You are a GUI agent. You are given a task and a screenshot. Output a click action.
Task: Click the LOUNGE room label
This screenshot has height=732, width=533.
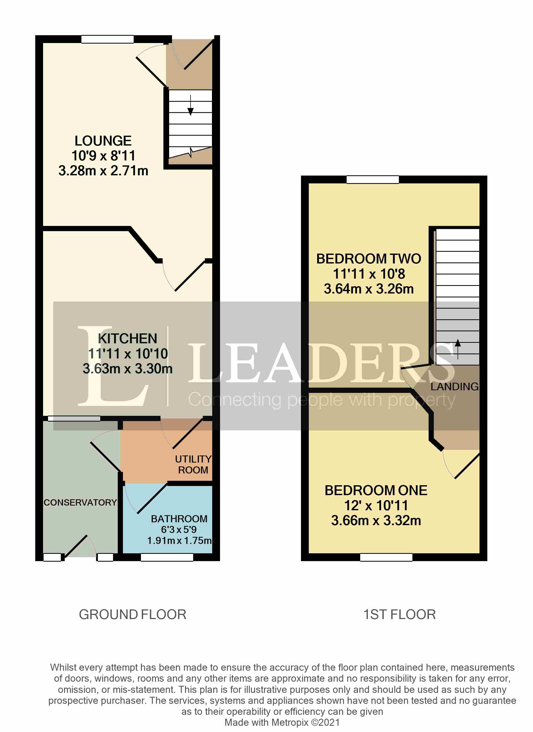coord(103,141)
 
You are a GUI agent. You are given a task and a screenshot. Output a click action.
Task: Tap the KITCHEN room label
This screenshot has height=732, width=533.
coord(127,339)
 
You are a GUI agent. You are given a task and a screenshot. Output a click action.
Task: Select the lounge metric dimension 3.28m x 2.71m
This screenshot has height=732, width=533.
coord(103,170)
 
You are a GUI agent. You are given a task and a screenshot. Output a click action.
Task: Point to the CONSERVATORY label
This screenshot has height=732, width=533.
coord(80,502)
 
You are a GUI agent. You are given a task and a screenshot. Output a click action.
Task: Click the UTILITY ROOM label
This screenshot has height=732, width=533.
coord(193,464)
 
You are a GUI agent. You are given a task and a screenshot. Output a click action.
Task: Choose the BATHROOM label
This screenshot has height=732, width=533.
coord(179,519)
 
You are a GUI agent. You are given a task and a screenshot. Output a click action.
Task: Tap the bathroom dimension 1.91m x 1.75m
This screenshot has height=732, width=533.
coord(179,540)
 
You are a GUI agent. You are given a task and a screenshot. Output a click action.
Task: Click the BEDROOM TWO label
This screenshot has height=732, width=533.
coord(369,259)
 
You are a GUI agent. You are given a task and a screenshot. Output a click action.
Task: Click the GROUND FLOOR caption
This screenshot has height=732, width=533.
coord(132,615)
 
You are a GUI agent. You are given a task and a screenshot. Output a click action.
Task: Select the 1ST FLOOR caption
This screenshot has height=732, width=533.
coord(400,615)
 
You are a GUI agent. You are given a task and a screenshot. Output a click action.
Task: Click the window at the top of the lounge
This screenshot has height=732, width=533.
coord(107,39)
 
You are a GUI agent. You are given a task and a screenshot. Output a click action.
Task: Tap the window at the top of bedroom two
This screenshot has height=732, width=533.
coord(372,179)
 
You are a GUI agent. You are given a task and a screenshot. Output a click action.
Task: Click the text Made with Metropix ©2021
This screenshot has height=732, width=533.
coord(282,722)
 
